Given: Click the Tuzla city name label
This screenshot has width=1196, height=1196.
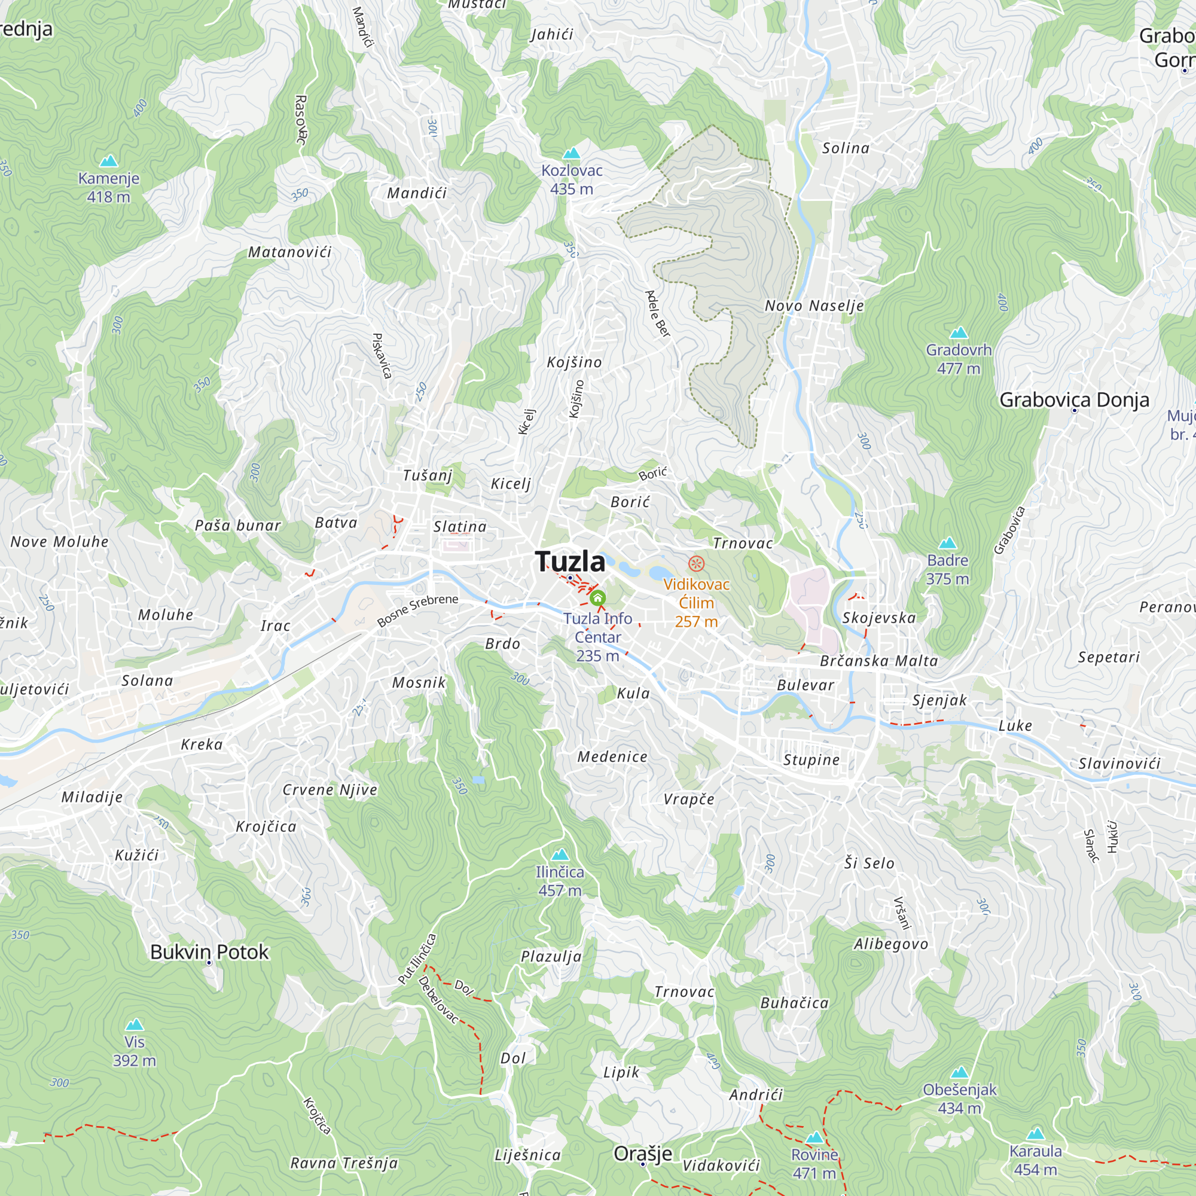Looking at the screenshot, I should coord(570,562).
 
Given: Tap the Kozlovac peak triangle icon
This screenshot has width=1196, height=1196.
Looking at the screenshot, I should coord(571,154).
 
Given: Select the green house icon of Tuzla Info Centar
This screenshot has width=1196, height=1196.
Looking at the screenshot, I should coord(597,598).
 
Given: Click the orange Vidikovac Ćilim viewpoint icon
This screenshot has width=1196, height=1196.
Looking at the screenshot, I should coord(697,563).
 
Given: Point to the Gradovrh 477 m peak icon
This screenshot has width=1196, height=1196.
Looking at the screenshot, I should coord(958,333).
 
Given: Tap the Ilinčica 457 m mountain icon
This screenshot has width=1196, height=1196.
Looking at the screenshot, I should coord(560,855).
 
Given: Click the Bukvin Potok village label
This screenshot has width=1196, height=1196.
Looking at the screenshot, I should coord(209,952).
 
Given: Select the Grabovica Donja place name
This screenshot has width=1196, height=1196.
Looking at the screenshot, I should coord(1074,400).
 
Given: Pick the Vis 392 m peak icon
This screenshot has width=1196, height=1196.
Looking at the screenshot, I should coord(135,1024).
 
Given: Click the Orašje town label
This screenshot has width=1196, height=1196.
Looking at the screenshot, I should coord(643,1154).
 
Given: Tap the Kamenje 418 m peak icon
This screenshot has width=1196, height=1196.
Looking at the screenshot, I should coord(109,161).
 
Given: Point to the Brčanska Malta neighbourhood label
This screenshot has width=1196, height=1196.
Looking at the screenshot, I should coord(878,661).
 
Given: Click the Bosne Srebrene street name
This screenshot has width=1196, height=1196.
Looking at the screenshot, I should coord(418,610).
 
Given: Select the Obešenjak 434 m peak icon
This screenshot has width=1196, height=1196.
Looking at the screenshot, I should coord(960,1072).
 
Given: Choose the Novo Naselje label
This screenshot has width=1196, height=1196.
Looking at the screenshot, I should coord(814,306).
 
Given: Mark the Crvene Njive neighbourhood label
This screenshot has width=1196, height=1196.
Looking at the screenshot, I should coord(330,790).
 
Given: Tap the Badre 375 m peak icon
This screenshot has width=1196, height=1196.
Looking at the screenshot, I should coord(948,544).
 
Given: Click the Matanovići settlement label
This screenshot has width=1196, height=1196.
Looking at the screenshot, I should coord(289,252).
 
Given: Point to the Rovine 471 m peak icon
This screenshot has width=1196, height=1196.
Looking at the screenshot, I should coord(814,1137).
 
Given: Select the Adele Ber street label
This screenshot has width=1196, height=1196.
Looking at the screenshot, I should coord(657,314).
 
